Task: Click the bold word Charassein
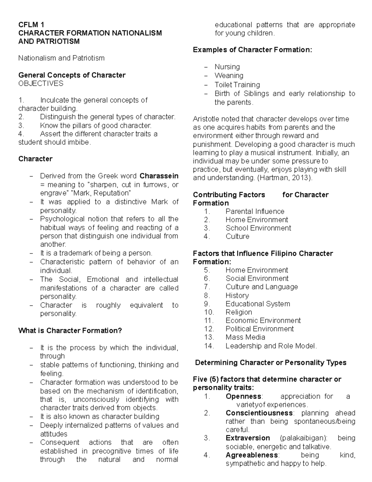pos(159,176)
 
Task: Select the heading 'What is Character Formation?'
pos(70,331)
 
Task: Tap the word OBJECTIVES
pos(41,83)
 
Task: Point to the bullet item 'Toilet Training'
pos(237,85)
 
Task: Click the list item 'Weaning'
pos(229,76)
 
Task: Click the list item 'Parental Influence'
pos(255,211)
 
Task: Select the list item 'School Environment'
pos(258,228)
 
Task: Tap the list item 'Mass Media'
pos(245,337)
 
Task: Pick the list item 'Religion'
pos(239,312)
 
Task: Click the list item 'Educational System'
pos(258,304)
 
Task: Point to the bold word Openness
pos(244,396)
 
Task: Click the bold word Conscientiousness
pos(259,413)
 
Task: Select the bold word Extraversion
pos(248,438)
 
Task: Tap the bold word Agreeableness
pos(252,455)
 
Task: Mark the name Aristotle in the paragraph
pos(206,119)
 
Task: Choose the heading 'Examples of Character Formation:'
pos(252,50)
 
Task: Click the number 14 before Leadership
pos(209,346)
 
